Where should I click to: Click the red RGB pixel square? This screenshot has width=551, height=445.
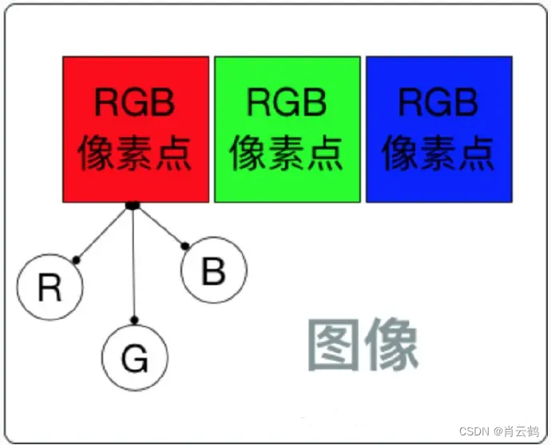(136, 129)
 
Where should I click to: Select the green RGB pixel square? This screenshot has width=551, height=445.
(287, 129)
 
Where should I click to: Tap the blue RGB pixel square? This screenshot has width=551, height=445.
(438, 129)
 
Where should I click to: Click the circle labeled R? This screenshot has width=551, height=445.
(50, 288)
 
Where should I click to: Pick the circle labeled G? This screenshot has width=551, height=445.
(136, 360)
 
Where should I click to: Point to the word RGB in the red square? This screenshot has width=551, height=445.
(134, 103)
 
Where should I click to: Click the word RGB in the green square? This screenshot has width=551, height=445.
(287, 103)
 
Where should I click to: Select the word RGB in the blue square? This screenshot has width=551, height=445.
(438, 103)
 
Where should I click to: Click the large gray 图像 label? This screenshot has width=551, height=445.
(363, 346)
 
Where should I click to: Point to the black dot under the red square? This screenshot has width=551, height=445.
(133, 207)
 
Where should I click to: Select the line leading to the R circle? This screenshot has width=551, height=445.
(104, 234)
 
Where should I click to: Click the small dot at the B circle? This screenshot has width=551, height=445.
(186, 246)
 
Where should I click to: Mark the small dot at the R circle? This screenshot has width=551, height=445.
(77, 260)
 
